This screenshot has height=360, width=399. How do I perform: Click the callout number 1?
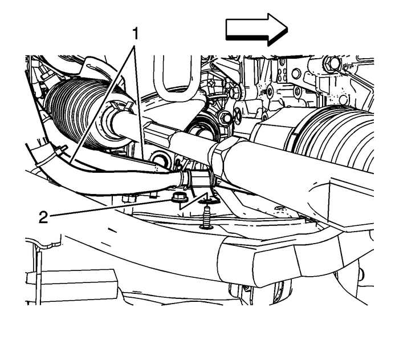coord(136,34)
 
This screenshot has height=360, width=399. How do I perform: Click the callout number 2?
coord(43,217)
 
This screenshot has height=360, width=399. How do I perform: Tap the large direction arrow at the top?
coord(256,30)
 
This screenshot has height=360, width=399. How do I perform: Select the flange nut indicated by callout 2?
coord(177,198)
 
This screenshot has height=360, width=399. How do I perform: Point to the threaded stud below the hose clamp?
coord(206,217)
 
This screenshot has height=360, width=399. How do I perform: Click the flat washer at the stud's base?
coord(206,226)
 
